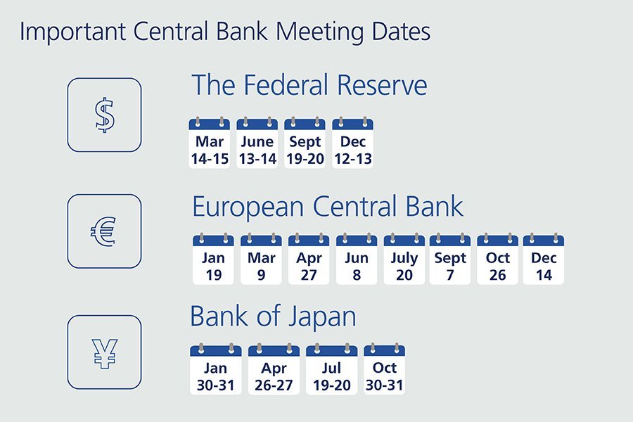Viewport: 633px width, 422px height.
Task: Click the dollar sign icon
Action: (105, 115)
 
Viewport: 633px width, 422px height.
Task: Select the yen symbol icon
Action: (105, 352)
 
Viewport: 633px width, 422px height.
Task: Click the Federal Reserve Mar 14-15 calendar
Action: (210, 143)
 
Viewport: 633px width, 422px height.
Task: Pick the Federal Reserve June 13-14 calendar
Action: (257, 143)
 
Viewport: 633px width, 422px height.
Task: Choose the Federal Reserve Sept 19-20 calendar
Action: (305, 143)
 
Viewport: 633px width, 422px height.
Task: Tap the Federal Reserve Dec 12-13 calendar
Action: (353, 143)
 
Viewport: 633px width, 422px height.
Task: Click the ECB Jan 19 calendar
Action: (213, 260)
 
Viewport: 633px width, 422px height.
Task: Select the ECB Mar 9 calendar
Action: (261, 260)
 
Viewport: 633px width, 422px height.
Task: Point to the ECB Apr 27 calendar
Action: (309, 260)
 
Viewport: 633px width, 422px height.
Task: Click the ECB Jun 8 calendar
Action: (357, 260)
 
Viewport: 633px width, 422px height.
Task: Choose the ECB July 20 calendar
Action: (404, 260)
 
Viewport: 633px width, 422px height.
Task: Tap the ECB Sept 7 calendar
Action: (450, 260)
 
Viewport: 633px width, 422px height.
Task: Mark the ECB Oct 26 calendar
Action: (498, 260)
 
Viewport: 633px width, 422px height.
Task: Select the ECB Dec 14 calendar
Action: (544, 260)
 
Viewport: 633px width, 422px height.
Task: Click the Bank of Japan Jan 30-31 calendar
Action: (216, 369)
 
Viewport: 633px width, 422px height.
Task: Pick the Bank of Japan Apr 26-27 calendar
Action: (274, 369)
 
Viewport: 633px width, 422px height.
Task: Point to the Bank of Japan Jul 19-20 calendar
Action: (332, 369)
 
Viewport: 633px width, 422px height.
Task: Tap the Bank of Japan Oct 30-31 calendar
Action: (384, 369)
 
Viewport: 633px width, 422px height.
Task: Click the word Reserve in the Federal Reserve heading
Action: (382, 85)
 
